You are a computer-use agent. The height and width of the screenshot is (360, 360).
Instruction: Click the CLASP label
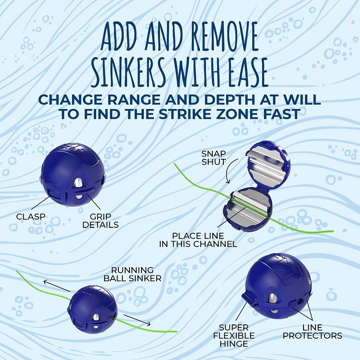pyautogui.click(x=31, y=217)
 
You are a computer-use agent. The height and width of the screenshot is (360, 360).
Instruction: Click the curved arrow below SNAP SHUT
pyautogui.click(x=228, y=174)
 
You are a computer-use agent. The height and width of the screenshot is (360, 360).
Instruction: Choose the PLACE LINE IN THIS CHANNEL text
pyautogui.click(x=198, y=240)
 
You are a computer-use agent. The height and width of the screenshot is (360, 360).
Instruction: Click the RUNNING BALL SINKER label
pyautogui.click(x=132, y=274)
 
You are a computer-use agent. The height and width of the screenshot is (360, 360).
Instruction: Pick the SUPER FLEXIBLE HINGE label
pyautogui.click(x=237, y=335)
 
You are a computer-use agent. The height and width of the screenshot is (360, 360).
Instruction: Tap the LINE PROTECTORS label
pyautogui.click(x=312, y=331)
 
